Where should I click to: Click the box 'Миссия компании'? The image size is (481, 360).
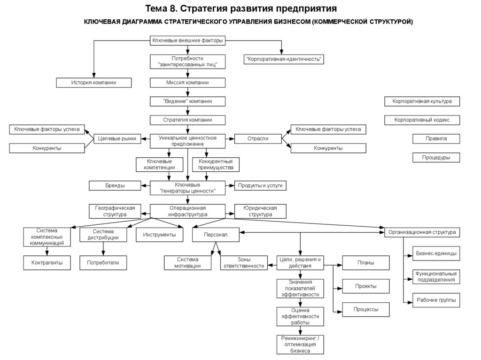[x=187, y=83]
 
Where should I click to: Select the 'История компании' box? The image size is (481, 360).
[x=93, y=83]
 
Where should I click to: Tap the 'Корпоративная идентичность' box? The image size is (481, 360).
[x=284, y=59]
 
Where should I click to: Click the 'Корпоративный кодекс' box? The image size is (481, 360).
[x=422, y=120]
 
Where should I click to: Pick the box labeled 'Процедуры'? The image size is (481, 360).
[x=436, y=158]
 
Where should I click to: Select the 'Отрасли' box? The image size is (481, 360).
[x=258, y=138]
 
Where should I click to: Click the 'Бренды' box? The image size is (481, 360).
[x=115, y=185]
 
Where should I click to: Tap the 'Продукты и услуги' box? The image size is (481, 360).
[x=260, y=185]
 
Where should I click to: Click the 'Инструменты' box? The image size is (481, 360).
[x=159, y=234]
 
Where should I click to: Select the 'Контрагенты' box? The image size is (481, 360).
[x=47, y=263]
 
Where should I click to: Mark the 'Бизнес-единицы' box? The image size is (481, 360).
[x=436, y=253]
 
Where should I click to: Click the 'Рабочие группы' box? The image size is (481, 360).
[x=436, y=299]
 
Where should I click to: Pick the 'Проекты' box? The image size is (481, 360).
[x=365, y=286]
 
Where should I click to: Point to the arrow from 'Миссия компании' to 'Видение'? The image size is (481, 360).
[x=187, y=92]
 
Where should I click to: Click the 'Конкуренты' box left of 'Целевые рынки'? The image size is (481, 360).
[x=47, y=148]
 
